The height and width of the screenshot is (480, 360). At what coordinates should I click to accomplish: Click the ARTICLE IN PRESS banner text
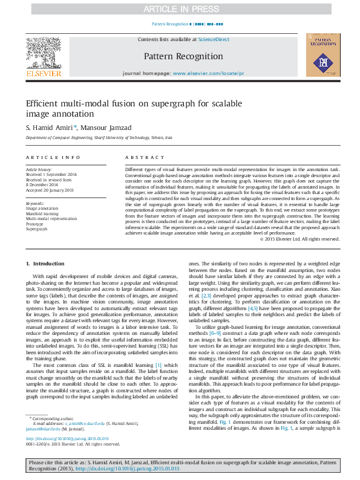click(x=180, y=9)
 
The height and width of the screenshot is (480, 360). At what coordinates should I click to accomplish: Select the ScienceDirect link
click(x=214, y=39)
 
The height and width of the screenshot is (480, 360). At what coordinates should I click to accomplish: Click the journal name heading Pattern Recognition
click(x=183, y=56)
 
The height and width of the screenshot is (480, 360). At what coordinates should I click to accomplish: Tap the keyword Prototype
click(x=34, y=224)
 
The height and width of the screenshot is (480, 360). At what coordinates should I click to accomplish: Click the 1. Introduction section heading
click(x=45, y=264)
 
